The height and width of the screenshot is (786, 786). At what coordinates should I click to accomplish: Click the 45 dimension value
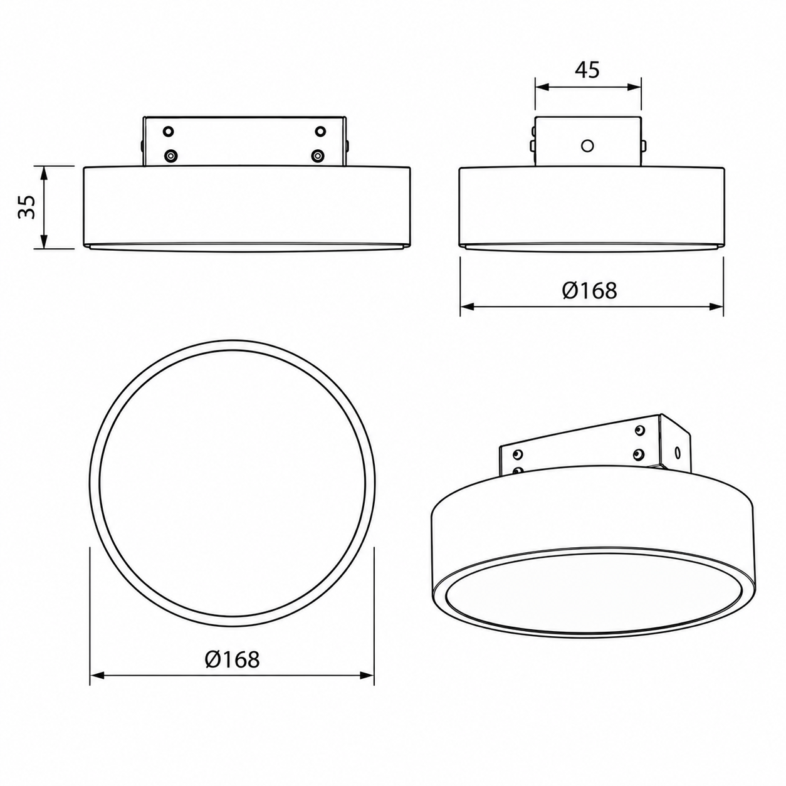(587, 70)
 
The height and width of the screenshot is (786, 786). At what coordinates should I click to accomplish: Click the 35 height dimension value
(28, 207)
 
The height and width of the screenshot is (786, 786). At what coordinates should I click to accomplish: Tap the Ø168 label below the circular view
(232, 659)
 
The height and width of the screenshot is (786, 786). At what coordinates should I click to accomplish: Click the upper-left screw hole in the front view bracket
(168, 132)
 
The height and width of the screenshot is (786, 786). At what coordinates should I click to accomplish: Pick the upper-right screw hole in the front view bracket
(320, 132)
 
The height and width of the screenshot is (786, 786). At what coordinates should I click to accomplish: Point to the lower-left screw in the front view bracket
(169, 155)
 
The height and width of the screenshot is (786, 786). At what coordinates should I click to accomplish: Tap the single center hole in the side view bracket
(587, 145)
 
